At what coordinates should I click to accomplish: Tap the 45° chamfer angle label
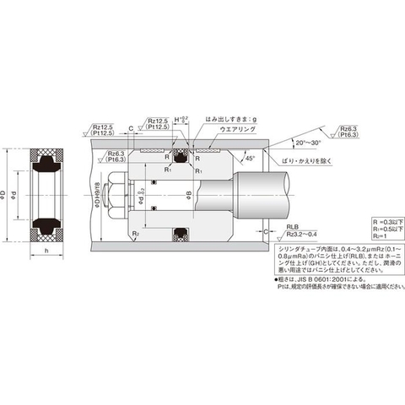251,159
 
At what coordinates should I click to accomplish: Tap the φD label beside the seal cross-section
7,196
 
